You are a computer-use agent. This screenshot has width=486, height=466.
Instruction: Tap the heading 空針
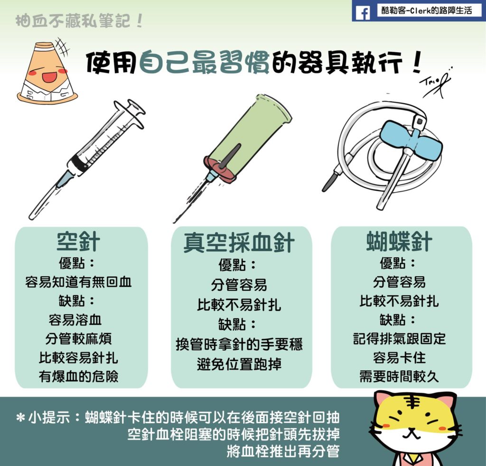pos(78,242)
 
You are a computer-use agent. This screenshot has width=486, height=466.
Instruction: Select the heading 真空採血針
pos(239,242)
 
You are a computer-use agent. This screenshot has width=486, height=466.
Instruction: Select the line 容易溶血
pos(75,320)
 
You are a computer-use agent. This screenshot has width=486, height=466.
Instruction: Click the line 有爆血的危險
pos(78,376)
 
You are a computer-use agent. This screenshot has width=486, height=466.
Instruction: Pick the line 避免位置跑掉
pos(239,364)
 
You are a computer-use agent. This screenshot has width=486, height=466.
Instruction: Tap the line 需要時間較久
pos(399,376)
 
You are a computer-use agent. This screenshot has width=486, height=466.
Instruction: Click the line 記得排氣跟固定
pos(399,339)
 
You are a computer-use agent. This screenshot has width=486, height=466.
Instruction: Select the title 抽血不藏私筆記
pos(79,21)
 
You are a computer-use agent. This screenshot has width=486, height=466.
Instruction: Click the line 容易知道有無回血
pos(78,282)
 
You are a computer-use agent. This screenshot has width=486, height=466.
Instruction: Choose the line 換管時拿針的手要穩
pos(239,344)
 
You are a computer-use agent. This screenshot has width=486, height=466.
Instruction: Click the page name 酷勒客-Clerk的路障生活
pos(427,10)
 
